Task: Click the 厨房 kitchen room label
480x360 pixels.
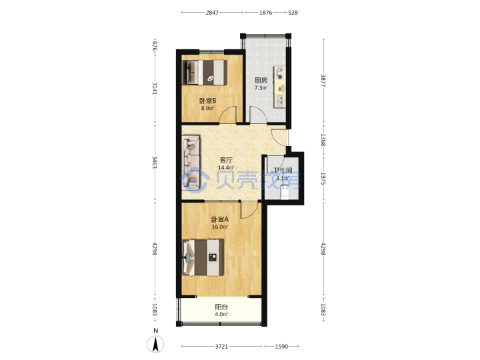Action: pyautogui.click(x=261, y=80)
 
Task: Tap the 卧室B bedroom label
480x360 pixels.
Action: pyautogui.click(x=207, y=101)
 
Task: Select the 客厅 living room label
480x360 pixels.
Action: pyautogui.click(x=226, y=160)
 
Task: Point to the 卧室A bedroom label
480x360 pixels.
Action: pyautogui.click(x=220, y=219)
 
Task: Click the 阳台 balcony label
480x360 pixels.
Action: pyautogui.click(x=221, y=307)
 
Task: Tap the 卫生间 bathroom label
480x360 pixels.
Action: pyautogui.click(x=283, y=171)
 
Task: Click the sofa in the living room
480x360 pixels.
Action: pyautogui.click(x=191, y=162)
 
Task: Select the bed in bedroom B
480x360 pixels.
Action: pyautogui.click(x=205, y=72)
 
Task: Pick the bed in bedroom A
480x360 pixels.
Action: pyautogui.click(x=203, y=257)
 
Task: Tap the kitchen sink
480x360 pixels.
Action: pyautogui.click(x=280, y=101)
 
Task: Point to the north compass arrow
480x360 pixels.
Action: pyautogui.click(x=155, y=344)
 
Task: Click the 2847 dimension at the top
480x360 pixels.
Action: pyautogui.click(x=212, y=13)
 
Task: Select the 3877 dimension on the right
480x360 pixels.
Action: pyautogui.click(x=323, y=81)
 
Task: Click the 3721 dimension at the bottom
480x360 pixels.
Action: pyautogui.click(x=221, y=346)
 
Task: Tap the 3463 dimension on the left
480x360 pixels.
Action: pyautogui.click(x=155, y=162)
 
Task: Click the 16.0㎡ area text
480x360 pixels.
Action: pyautogui.click(x=220, y=227)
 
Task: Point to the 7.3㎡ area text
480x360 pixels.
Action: pyautogui.click(x=261, y=88)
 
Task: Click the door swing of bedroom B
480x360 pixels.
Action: pyautogui.click(x=228, y=114)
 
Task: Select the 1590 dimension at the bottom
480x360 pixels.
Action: pyautogui.click(x=281, y=346)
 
